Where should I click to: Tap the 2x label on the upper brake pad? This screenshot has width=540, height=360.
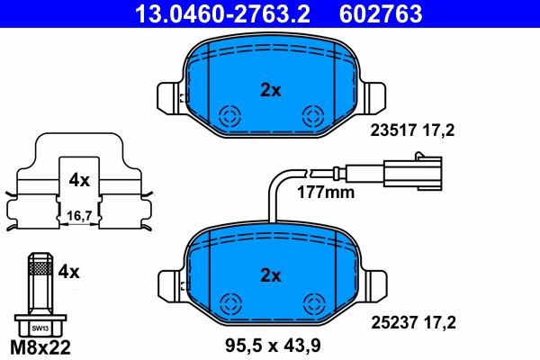click(x=271, y=89)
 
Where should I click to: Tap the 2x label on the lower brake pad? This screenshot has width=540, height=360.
click(x=271, y=274)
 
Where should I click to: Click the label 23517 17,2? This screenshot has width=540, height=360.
click(x=413, y=130)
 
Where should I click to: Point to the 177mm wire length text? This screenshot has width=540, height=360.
click(x=327, y=192)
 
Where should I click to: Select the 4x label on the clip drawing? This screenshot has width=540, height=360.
click(x=79, y=180)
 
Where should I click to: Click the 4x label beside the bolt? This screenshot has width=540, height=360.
click(x=69, y=270)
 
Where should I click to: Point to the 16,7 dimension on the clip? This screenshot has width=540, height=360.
click(x=80, y=216)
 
